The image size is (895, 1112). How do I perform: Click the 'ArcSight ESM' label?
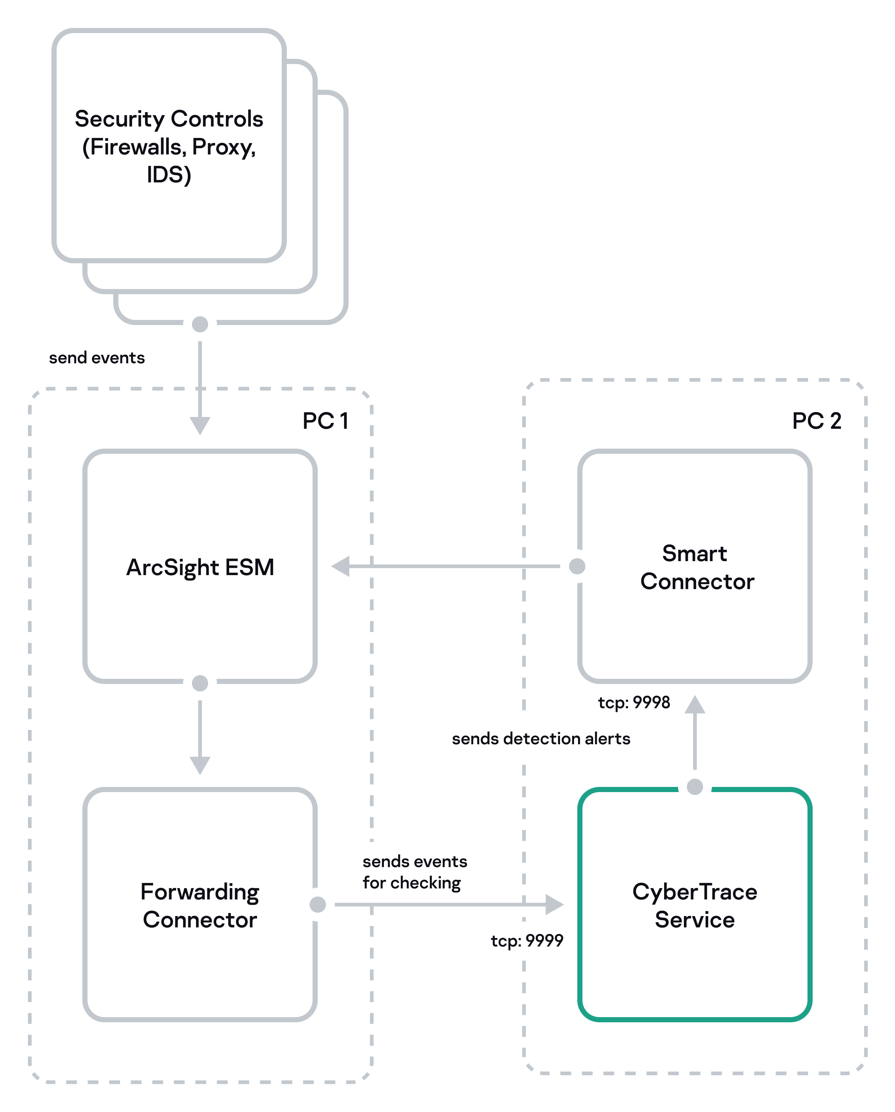(x=200, y=568)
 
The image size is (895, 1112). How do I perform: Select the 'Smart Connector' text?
(x=696, y=567)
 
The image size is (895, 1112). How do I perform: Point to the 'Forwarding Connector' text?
(x=200, y=906)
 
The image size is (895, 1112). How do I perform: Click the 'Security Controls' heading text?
(x=169, y=119)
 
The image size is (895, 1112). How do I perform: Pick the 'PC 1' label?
(x=325, y=421)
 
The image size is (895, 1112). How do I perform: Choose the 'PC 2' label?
(x=817, y=421)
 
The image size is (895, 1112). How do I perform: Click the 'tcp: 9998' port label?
(x=634, y=702)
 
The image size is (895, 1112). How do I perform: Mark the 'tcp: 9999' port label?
(x=527, y=941)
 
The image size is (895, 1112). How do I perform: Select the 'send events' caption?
(x=97, y=358)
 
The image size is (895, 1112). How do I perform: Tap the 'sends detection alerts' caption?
(x=541, y=739)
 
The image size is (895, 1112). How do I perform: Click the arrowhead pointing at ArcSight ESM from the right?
(x=341, y=566)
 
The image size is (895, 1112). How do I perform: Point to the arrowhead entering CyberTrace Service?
(x=554, y=905)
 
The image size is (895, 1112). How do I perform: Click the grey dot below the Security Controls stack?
(x=200, y=324)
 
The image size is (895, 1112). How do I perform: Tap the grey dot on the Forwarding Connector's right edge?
(x=318, y=905)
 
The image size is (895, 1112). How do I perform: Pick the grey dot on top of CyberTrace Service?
(x=695, y=787)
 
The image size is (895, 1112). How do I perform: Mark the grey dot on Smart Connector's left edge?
(x=577, y=566)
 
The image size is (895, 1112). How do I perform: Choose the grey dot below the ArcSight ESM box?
(x=200, y=683)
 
